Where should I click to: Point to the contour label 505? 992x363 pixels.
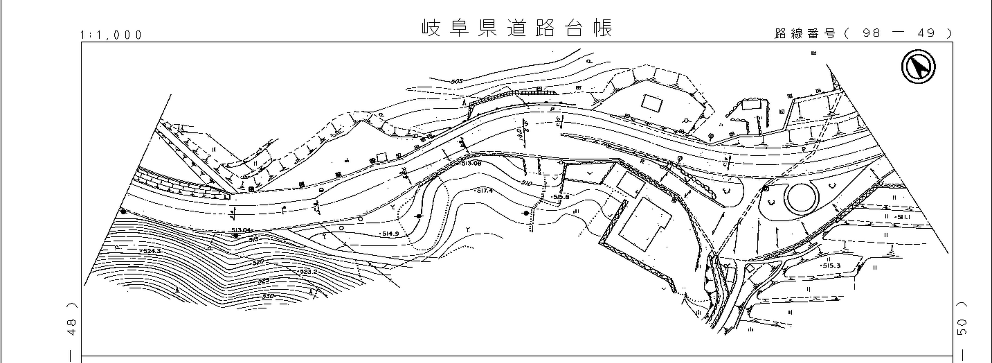pos(457,81)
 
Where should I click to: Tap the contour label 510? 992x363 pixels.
pos(526,183)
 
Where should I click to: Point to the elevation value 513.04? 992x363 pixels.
pos(241,230)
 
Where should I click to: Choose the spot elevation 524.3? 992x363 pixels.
pos(151,251)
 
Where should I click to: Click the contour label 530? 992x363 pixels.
pos(268,296)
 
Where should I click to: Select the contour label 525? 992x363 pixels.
pos(264,281)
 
